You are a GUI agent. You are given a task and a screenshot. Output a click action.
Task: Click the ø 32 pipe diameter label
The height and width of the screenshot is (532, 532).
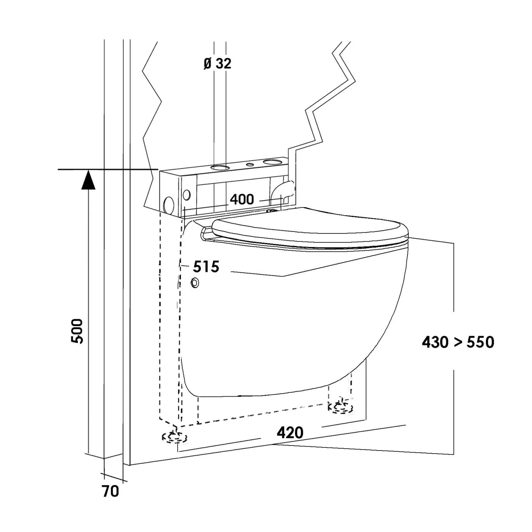pos(217,64)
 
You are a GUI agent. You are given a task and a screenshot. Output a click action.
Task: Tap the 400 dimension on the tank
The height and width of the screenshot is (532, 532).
pos(242,199)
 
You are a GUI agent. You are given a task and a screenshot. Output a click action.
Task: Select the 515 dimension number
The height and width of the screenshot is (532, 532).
pos(206,267)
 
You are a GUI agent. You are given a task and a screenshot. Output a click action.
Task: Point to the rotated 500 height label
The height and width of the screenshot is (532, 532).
pos(77,331)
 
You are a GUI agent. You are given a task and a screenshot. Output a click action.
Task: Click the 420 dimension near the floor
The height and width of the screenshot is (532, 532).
pos(290,433)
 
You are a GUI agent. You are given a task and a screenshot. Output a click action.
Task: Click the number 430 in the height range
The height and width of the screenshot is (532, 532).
pos(435,342)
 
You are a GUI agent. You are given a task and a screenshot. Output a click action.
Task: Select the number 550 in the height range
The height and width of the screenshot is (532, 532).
pos(480,342)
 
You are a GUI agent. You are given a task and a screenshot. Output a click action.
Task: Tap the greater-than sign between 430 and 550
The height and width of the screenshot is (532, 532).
pos(458,343)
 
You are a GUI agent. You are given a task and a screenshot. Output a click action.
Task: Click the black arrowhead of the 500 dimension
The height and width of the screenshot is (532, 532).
pos(88,180)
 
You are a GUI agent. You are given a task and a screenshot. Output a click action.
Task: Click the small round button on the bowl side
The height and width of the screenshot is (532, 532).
pos(195,282)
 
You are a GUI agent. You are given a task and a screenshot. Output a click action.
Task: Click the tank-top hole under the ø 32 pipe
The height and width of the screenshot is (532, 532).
pos(220,167)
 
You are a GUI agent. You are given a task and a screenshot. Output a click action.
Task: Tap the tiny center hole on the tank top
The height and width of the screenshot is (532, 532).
pos(250,164)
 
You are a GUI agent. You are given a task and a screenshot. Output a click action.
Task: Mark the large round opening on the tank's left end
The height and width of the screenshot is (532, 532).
pos(169,205)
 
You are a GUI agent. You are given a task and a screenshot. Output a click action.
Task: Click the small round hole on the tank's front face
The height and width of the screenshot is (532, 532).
pos(187,195)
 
